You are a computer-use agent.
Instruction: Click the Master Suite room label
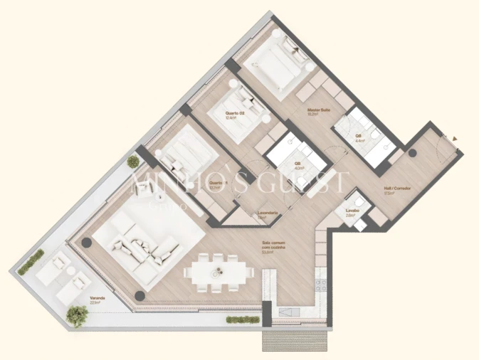(318, 110)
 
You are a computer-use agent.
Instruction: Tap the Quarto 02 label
(235, 113)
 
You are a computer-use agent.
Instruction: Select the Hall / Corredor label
(393, 189)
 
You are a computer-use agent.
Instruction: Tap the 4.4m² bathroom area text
(360, 140)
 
